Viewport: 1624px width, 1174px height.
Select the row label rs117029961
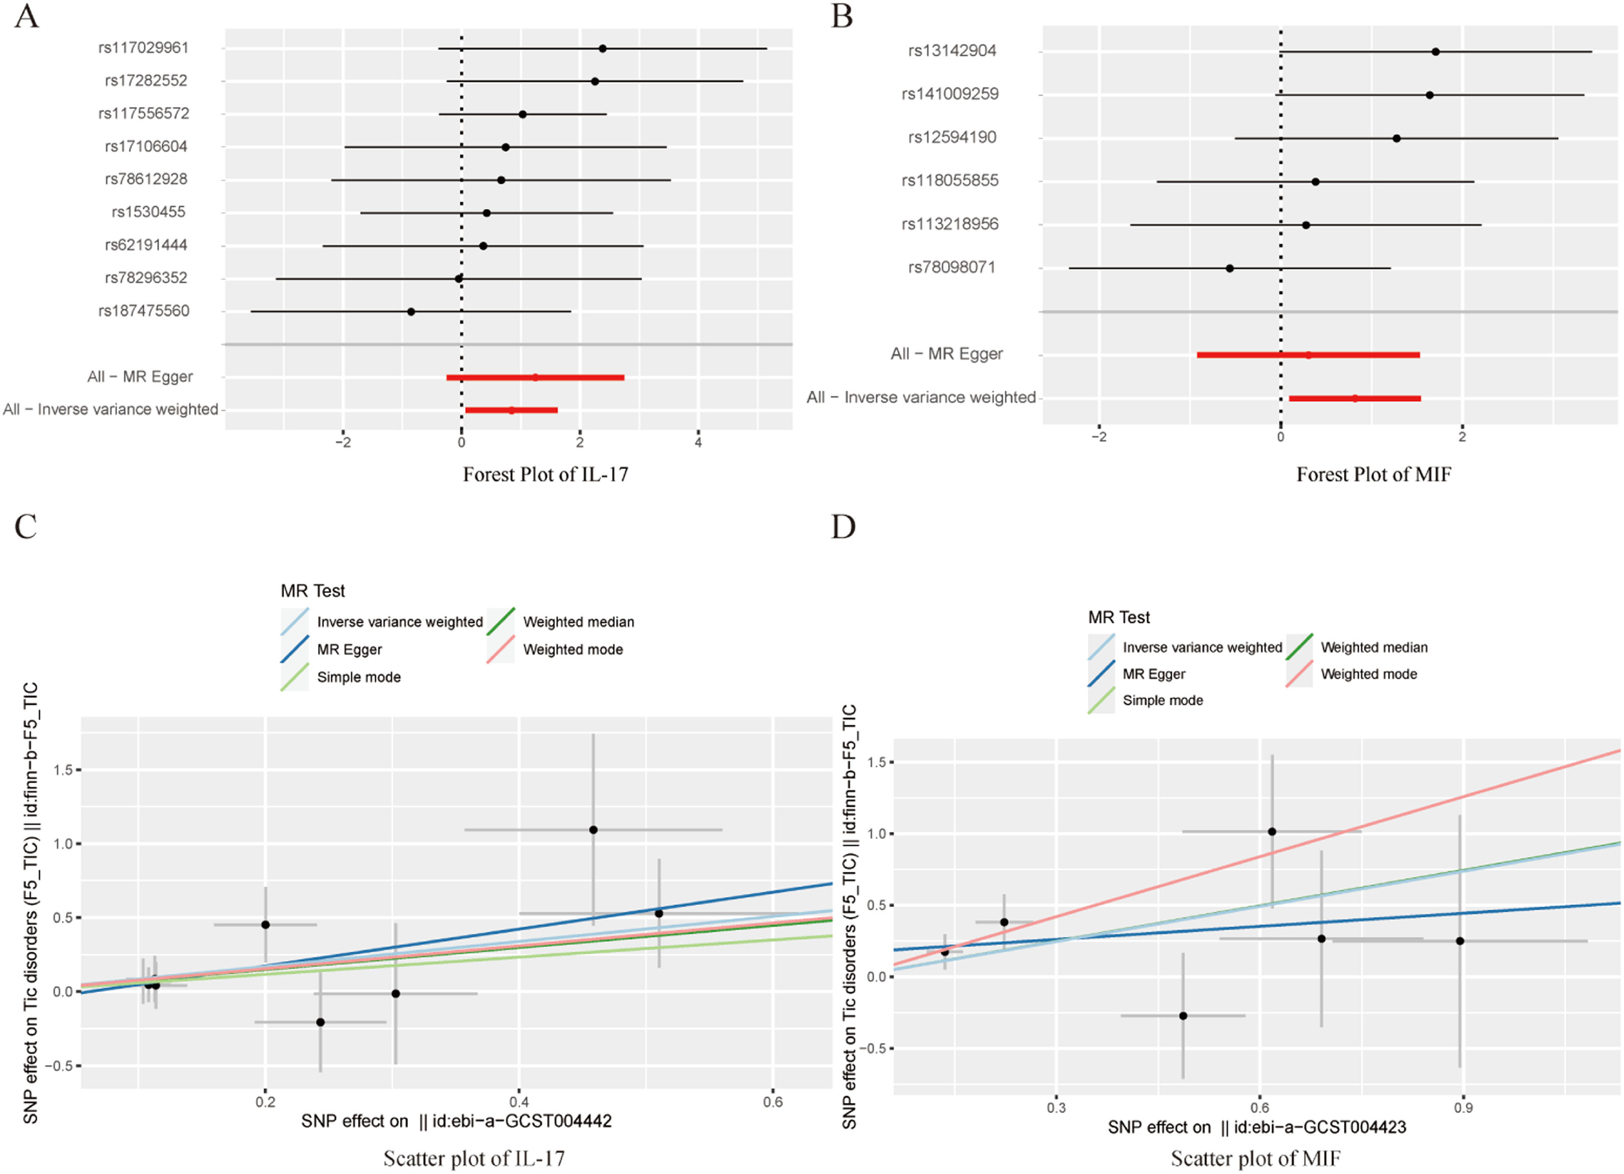tap(143, 48)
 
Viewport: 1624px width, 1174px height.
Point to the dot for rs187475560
tap(411, 311)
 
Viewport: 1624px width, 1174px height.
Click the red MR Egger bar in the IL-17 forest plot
tap(535, 377)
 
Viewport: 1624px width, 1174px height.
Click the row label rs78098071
tap(952, 267)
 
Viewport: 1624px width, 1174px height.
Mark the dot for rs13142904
tap(1436, 52)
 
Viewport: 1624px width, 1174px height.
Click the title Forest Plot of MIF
tap(1373, 474)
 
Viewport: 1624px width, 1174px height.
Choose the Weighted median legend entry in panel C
tap(578, 622)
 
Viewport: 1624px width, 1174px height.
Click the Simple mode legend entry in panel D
tap(1162, 701)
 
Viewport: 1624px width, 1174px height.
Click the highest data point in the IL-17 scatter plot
tap(593, 830)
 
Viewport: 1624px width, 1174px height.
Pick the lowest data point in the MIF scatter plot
tap(1183, 1016)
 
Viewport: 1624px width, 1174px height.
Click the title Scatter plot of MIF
tap(1255, 1158)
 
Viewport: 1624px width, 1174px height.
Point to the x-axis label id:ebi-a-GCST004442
tap(456, 1121)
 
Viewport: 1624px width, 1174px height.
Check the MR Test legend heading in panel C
tap(312, 591)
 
